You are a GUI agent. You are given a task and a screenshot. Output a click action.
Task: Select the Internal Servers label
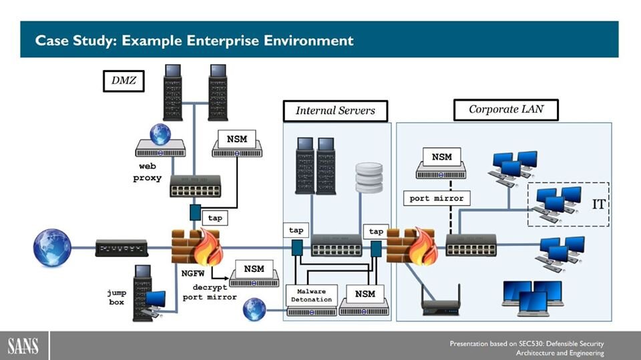point(335,110)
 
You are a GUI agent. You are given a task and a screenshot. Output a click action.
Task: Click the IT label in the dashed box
point(598,204)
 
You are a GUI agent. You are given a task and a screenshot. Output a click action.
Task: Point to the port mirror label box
point(437,198)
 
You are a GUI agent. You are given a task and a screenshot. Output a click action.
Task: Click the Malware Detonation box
point(310,295)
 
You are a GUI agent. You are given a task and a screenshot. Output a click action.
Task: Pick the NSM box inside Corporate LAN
point(441,158)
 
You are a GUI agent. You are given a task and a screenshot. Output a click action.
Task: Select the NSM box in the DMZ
point(236,140)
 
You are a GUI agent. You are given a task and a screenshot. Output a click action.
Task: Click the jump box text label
point(117,297)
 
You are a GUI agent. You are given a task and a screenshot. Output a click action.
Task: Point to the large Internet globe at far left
point(52,248)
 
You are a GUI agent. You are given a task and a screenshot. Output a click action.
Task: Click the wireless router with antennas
point(441,301)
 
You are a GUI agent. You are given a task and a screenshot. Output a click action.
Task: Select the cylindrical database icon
point(371,177)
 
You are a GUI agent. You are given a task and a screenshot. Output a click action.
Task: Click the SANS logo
point(23,346)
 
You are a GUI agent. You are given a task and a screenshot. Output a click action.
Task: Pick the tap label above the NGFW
point(215,218)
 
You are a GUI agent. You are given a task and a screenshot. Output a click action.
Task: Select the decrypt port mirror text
point(210,292)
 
